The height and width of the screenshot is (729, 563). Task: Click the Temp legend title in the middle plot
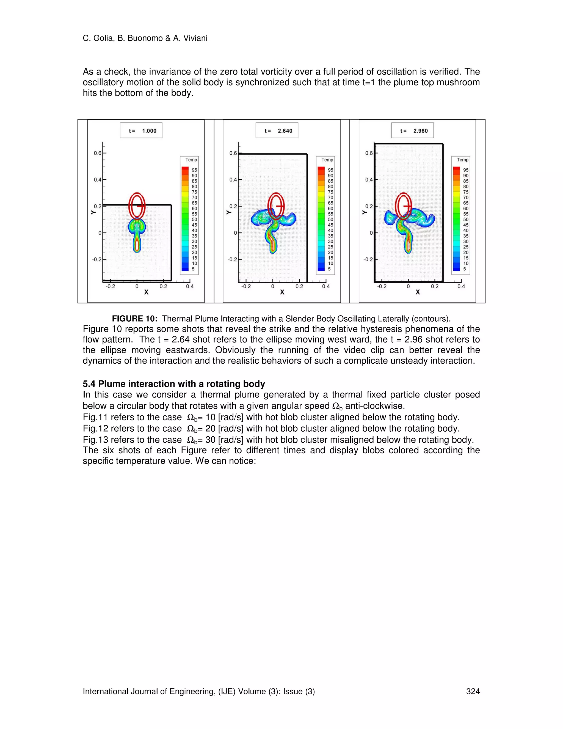(x=327, y=160)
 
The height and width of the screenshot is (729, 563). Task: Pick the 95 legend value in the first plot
(x=194, y=170)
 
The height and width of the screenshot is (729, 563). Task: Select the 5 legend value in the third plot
(x=464, y=269)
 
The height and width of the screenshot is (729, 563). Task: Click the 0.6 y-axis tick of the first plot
(x=97, y=153)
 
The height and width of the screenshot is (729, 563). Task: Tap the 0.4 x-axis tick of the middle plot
(x=325, y=286)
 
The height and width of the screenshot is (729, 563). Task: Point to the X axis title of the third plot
(x=418, y=292)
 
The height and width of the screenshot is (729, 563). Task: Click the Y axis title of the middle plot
(x=228, y=212)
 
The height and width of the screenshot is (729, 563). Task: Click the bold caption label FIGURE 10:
(x=135, y=319)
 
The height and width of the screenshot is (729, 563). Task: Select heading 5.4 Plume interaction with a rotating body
(x=174, y=384)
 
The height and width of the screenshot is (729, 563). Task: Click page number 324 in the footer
(x=473, y=691)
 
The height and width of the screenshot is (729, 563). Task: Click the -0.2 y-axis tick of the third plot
(x=368, y=259)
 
